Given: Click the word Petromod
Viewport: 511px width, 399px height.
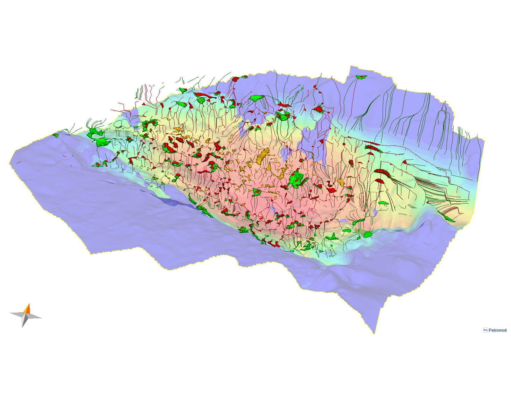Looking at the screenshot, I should [497, 330].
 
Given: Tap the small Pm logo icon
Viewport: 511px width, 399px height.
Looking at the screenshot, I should [485, 330].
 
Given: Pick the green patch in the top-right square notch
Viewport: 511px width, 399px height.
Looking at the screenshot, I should [361, 77].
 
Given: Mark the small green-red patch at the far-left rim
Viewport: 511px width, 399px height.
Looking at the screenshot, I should [55, 135].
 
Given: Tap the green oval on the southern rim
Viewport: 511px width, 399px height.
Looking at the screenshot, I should [368, 234].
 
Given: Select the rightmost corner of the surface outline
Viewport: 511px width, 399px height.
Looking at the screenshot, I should [484, 139].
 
